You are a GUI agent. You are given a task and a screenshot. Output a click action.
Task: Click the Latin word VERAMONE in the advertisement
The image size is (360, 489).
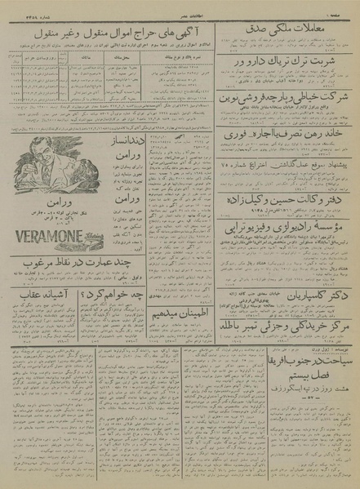48,238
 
